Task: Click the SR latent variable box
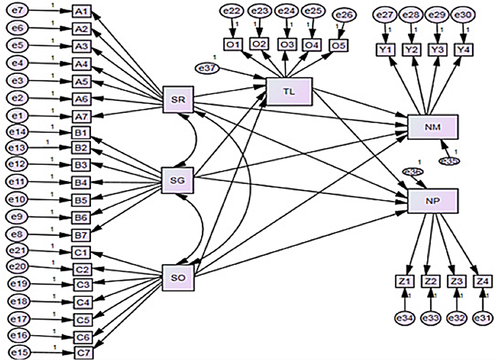point(178,99)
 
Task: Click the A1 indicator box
point(81,13)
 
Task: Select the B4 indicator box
point(81,182)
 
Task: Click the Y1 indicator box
point(387,48)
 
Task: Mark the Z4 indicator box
point(482,280)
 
